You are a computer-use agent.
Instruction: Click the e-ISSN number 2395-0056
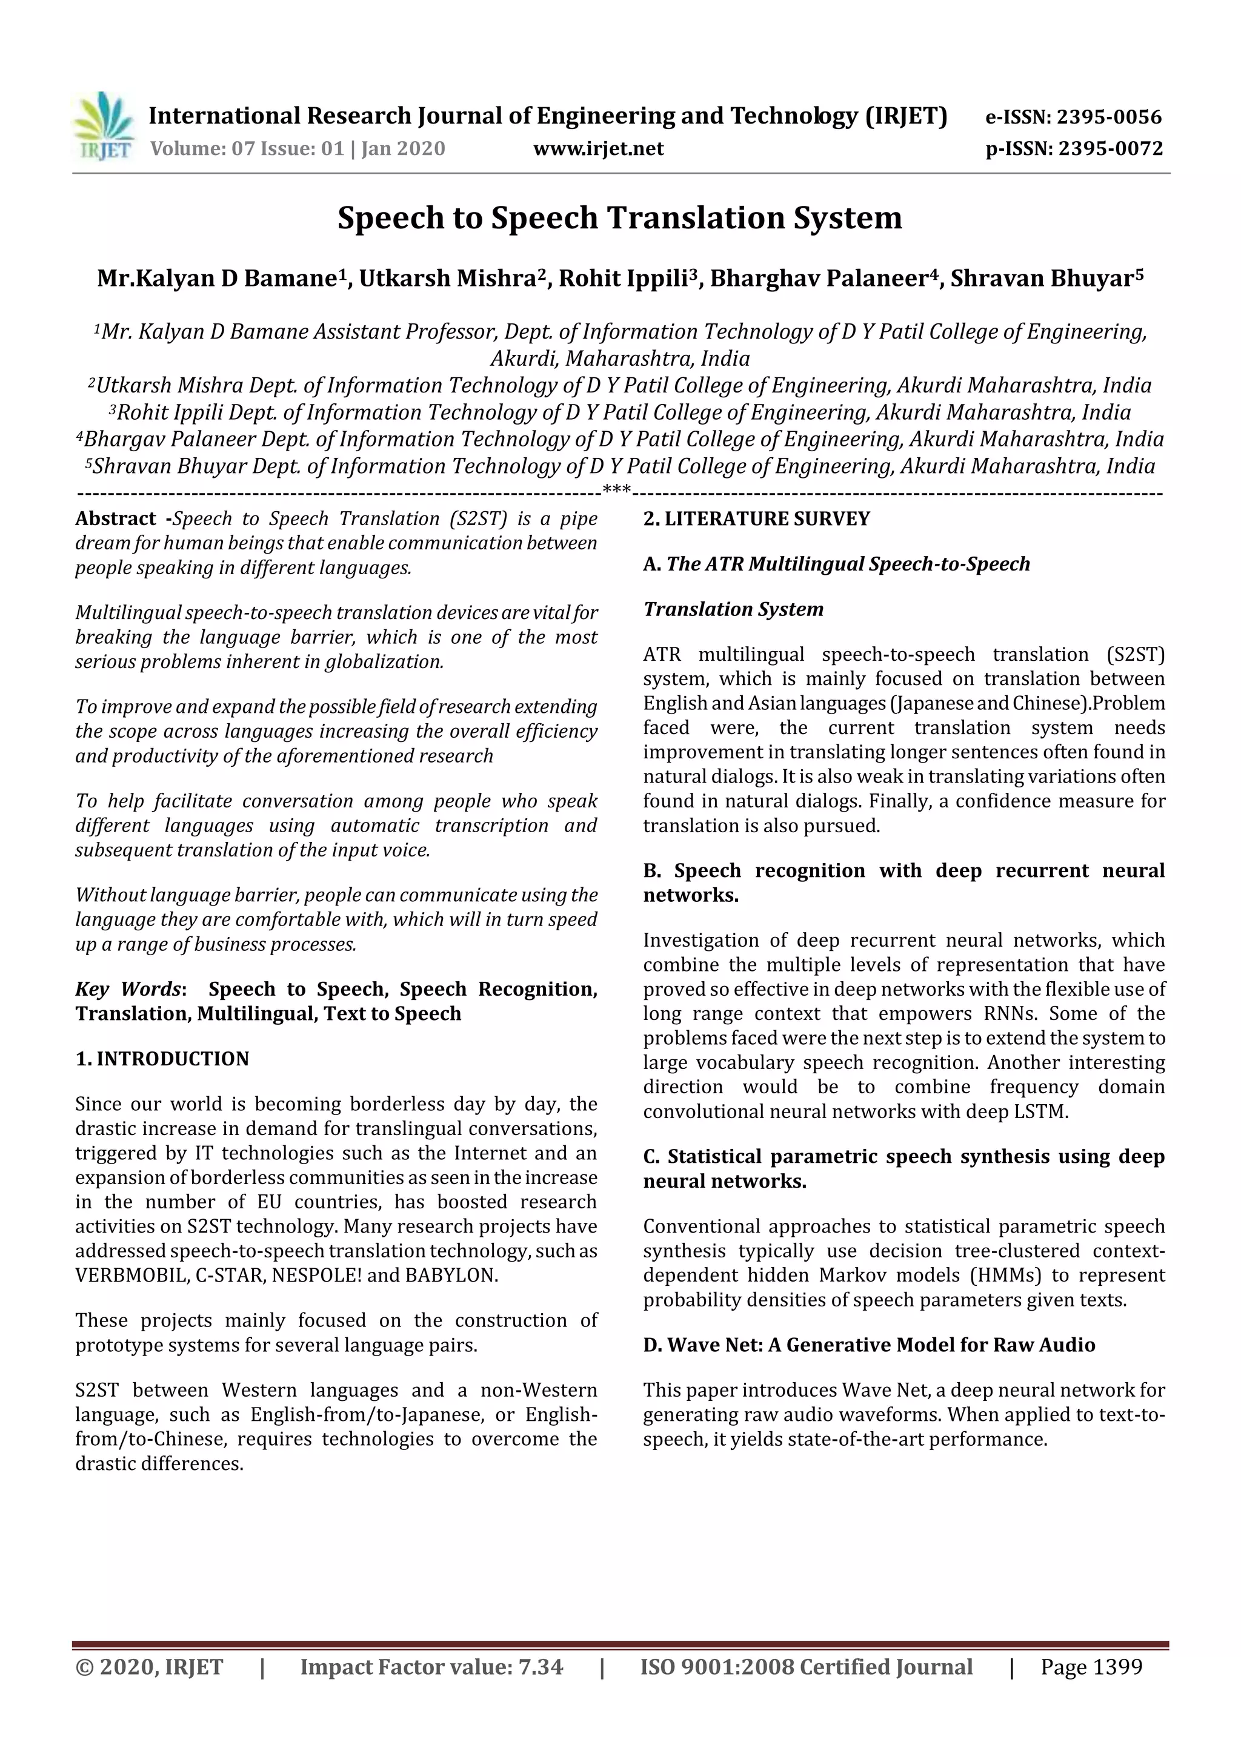[x=1109, y=117]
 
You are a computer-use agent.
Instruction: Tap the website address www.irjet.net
[x=598, y=148]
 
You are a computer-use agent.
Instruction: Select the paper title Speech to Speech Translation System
[x=620, y=217]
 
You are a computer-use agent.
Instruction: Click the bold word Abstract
[x=115, y=518]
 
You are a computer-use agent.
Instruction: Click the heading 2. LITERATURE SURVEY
[x=756, y=518]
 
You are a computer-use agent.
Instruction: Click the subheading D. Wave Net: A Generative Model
[x=869, y=1345]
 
